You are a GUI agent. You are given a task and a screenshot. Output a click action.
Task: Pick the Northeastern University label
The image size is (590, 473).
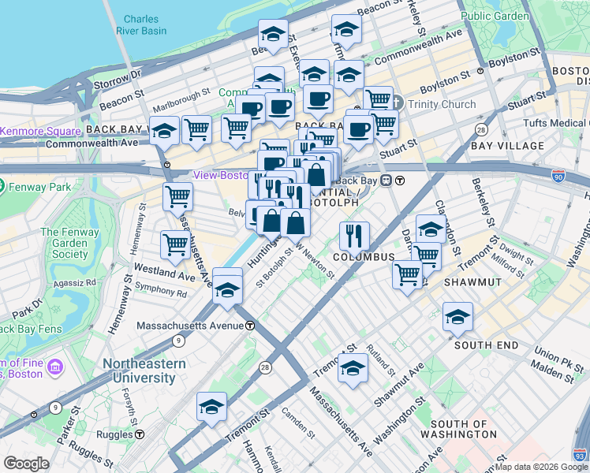tap(144, 371)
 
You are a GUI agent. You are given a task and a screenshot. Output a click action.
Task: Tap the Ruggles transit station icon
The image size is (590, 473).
tap(140, 434)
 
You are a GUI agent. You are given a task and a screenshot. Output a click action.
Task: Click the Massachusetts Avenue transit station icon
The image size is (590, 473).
tap(250, 325)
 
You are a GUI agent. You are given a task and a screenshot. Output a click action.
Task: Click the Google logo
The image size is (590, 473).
tap(26, 464)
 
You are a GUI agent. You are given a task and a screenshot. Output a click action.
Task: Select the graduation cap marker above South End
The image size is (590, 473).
tap(457, 317)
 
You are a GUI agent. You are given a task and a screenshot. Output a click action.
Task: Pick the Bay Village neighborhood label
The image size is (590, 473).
tap(507, 146)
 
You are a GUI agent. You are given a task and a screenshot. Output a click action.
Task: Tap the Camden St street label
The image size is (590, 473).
tap(297, 423)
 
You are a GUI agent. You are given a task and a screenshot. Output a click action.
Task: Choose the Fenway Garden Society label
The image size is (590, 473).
tap(65, 243)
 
